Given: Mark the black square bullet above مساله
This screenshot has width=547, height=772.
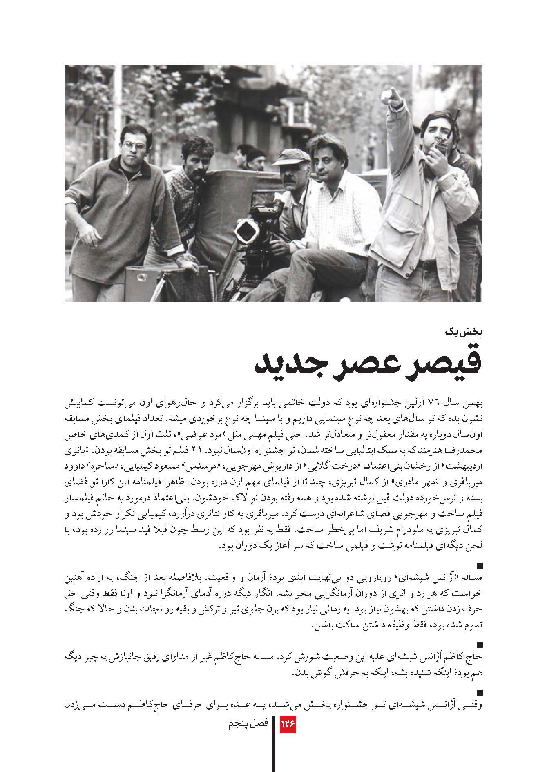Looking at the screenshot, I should pyautogui.click(x=480, y=566).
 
